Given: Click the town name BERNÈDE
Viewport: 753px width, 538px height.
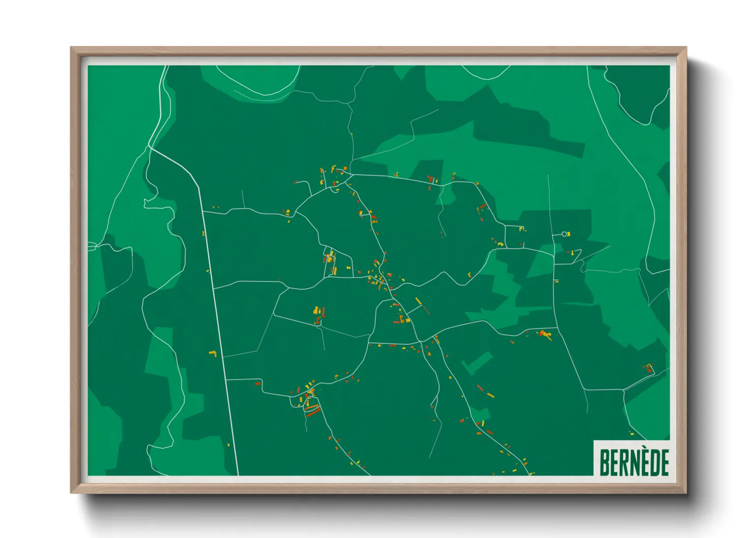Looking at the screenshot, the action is (634, 462).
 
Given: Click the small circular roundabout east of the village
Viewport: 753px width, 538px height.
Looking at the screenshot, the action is (564, 234).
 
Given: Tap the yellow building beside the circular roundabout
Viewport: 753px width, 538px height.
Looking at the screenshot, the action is (569, 234).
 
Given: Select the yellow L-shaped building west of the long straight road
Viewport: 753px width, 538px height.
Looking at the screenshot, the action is (213, 352).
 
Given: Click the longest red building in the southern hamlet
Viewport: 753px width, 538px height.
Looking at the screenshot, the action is (312, 412).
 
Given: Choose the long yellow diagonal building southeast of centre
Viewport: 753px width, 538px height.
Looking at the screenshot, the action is (418, 301).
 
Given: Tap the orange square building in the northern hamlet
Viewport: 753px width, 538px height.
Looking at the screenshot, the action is (345, 168).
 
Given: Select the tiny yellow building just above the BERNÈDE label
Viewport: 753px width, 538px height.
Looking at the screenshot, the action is (631, 434).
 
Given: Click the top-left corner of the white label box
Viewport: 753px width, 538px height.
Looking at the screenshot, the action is (594, 440).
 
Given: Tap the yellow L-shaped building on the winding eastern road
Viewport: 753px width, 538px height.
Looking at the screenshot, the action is (469, 275).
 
